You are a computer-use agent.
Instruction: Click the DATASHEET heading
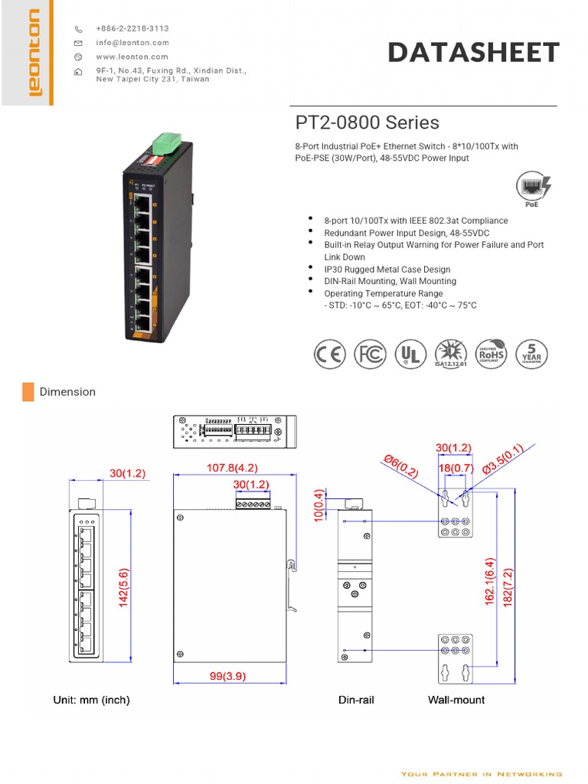[x=473, y=52]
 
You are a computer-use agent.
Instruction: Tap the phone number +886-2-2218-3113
[x=132, y=28]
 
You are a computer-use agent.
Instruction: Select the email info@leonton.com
[x=132, y=43]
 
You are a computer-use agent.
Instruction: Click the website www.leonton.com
[x=132, y=57]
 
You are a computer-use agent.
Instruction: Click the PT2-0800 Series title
[x=367, y=122]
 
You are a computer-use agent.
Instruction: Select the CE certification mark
[x=330, y=354]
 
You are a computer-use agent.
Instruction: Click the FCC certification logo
[x=371, y=354]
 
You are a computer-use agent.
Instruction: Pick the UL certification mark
[x=411, y=354]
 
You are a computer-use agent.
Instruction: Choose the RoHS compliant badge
[x=492, y=354]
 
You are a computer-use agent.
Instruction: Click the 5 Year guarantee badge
[x=531, y=354]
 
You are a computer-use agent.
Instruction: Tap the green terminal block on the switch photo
[x=165, y=143]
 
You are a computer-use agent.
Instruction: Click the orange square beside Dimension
[x=28, y=392]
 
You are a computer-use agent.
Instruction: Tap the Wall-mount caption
[x=456, y=700]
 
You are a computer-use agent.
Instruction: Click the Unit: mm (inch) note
[x=91, y=700]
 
